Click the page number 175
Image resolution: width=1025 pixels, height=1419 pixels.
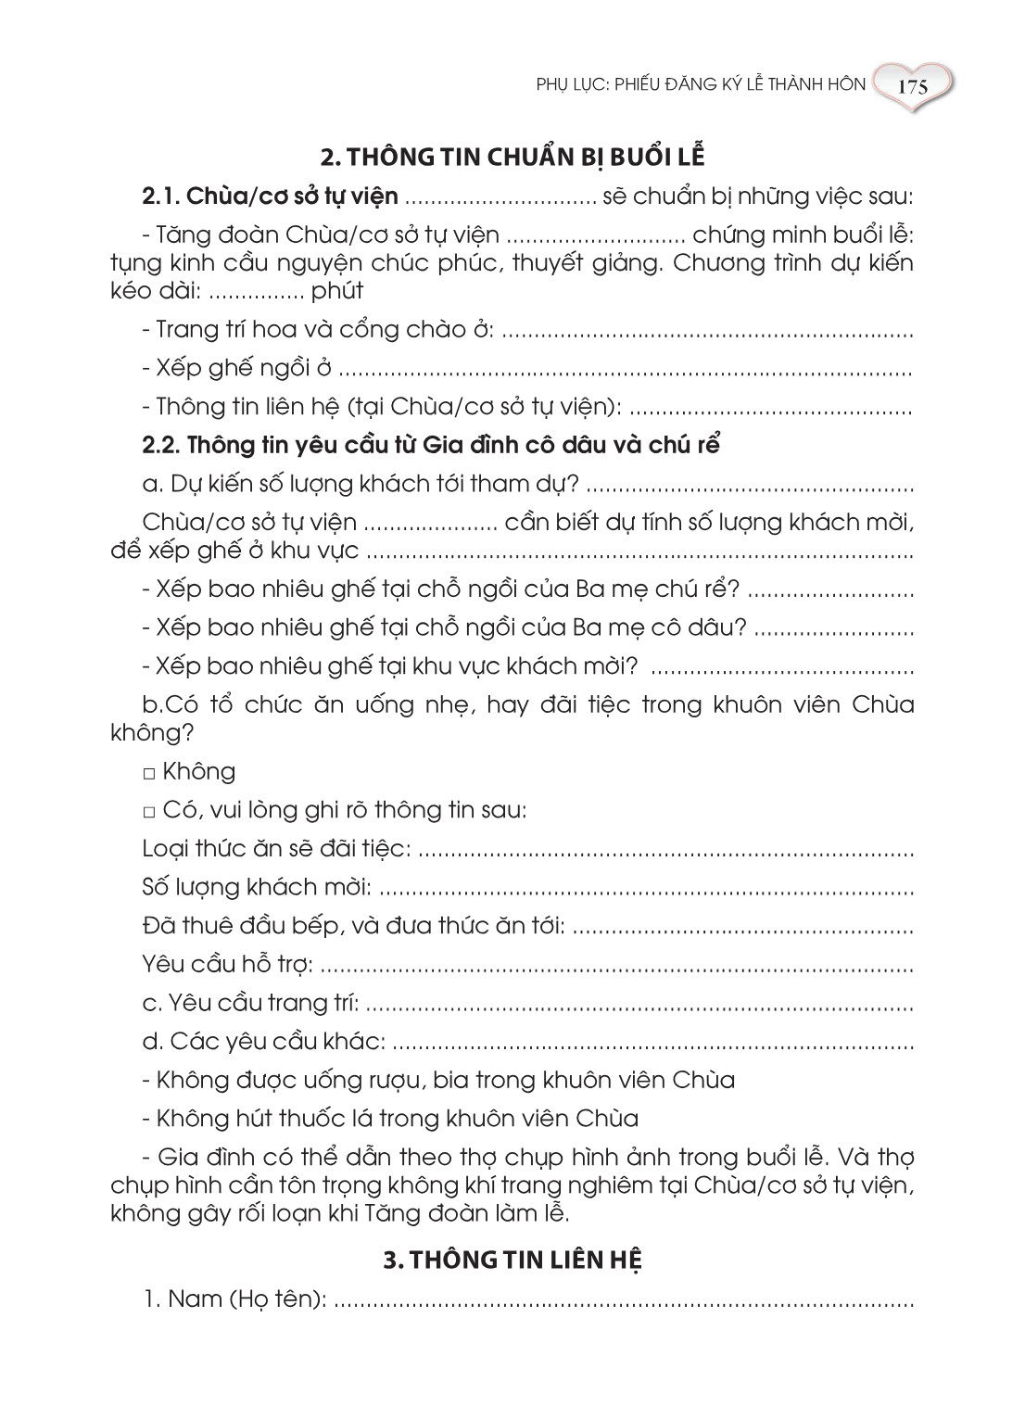pos(912,88)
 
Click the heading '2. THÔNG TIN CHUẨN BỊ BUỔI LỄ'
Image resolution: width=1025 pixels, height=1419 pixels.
pos(512,156)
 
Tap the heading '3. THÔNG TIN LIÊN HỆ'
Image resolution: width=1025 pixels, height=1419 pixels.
pos(512,1261)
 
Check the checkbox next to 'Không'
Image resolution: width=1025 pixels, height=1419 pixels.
pos(149,773)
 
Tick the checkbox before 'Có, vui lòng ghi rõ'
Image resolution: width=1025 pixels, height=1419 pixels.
pos(149,812)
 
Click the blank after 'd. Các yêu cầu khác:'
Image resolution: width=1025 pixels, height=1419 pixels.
pos(653,1042)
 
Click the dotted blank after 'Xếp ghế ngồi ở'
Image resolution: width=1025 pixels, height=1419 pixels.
pos(626,369)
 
